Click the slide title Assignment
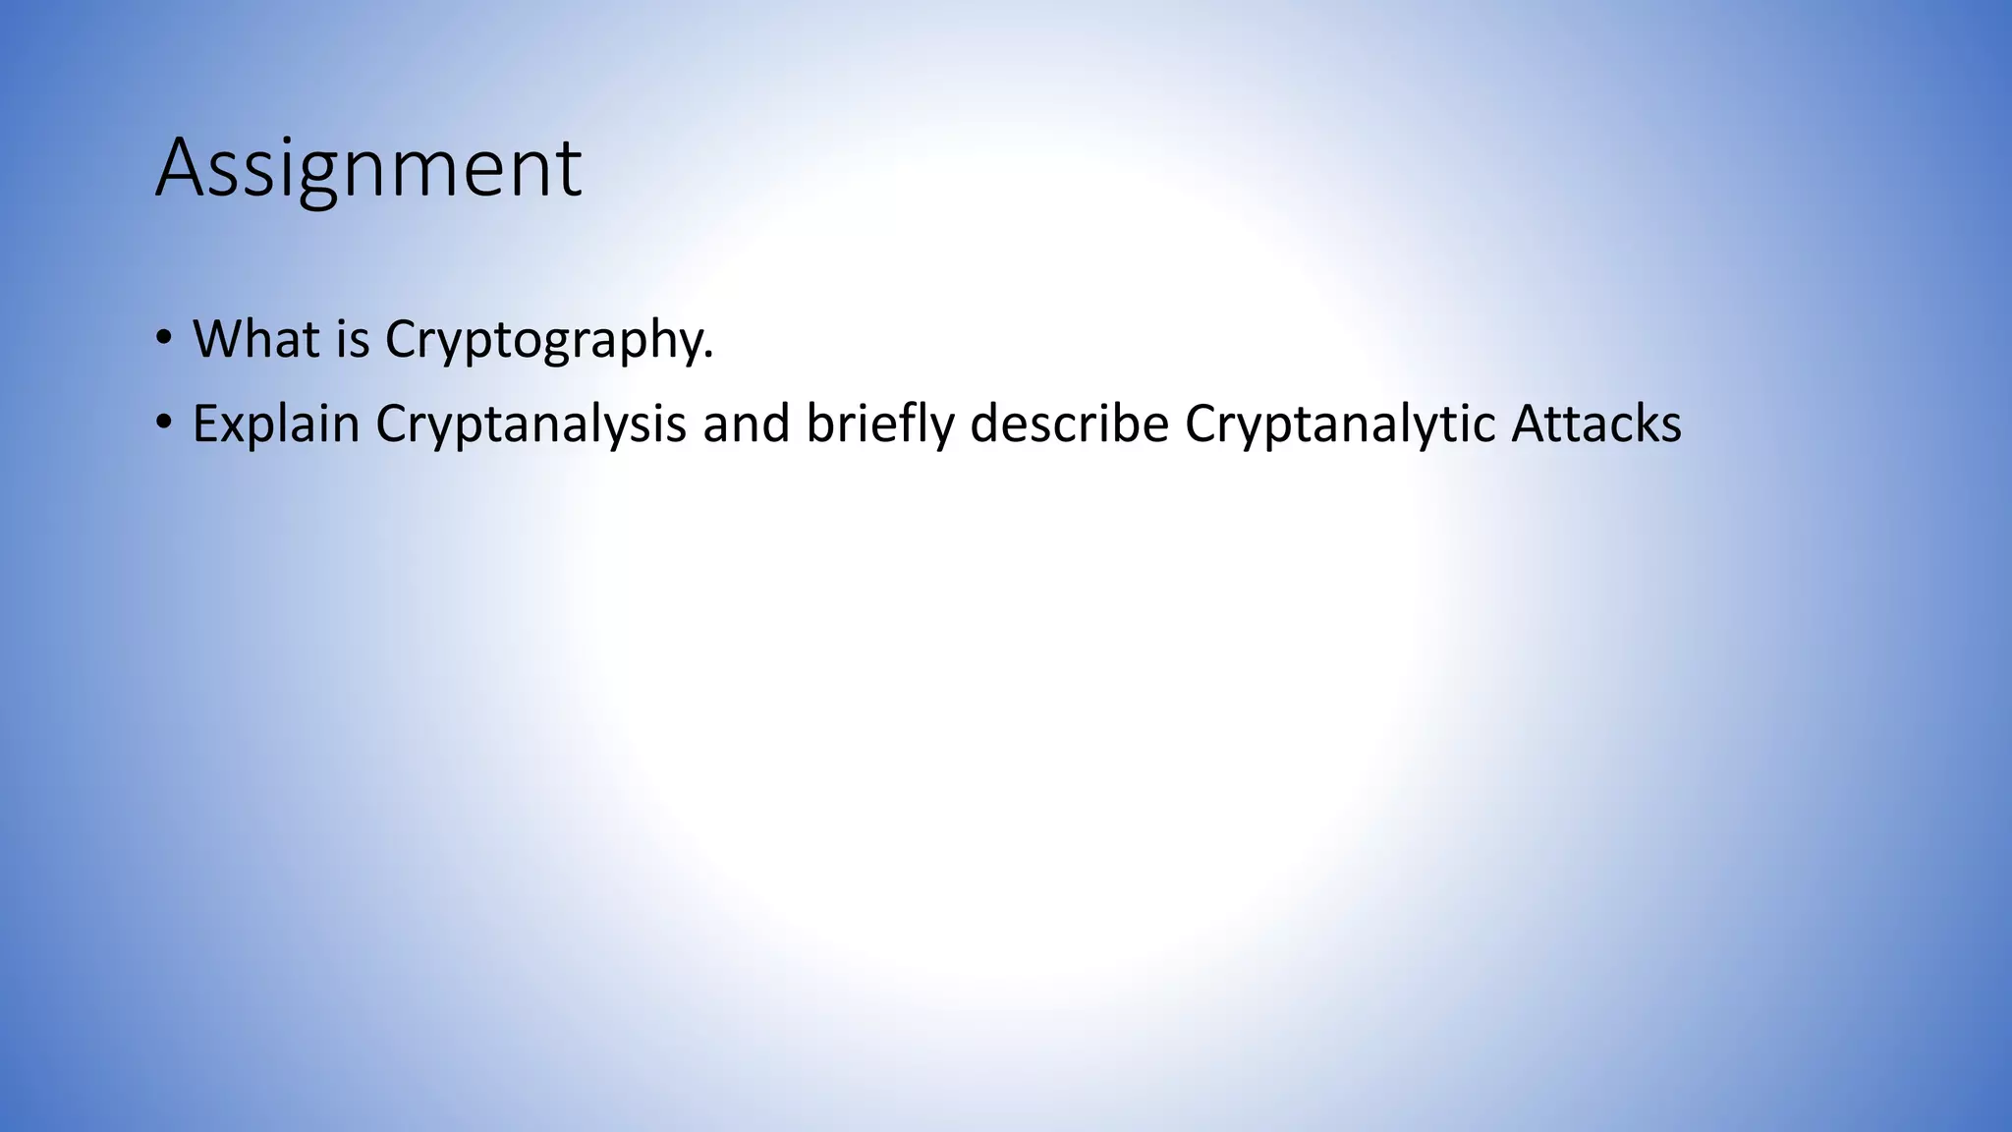pyautogui.click(x=368, y=169)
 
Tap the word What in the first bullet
pyautogui.click(x=255, y=339)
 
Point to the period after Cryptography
pyautogui.click(x=708, y=356)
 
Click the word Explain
pyautogui.click(x=276, y=424)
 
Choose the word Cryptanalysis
pyautogui.click(x=531, y=424)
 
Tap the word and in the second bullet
pyautogui.click(x=747, y=424)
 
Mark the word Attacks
pyautogui.click(x=1596, y=424)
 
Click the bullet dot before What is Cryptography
pyautogui.click(x=163, y=340)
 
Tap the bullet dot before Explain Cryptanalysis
pyautogui.click(x=163, y=424)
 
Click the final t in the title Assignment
pyautogui.click(x=571, y=171)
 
